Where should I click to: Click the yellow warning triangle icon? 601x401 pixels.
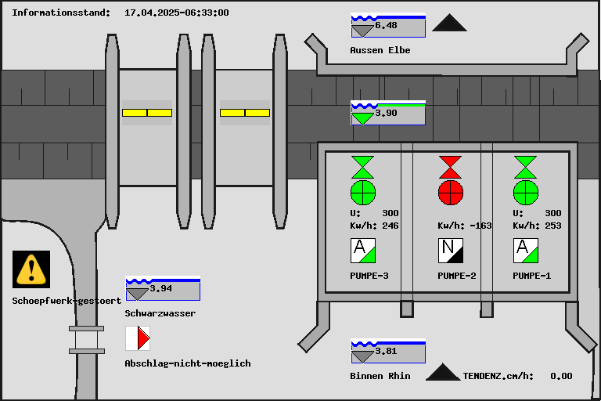(31, 269)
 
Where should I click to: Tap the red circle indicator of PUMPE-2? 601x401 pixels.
(450, 192)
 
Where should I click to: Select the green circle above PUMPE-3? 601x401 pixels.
(363, 192)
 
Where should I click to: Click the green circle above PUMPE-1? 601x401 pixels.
(526, 192)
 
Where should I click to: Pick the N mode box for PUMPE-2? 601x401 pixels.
(450, 251)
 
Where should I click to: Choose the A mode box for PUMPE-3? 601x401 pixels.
(363, 251)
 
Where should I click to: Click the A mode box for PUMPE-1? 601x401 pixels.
(526, 251)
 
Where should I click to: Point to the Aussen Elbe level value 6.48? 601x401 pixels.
(387, 26)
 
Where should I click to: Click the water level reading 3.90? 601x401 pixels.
(387, 113)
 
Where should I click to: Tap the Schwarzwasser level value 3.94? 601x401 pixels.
(160, 288)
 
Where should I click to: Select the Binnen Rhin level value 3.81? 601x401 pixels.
(387, 351)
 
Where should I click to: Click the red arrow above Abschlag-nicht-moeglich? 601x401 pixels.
(142, 338)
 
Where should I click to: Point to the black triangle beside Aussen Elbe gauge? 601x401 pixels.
(449, 23)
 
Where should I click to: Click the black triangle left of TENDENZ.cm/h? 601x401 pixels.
(443, 372)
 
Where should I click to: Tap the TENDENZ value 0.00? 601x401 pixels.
(561, 376)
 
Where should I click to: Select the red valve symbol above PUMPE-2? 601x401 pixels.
(450, 167)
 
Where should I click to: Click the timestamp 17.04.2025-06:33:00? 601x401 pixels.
(177, 13)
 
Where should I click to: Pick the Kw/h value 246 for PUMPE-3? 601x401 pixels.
(390, 226)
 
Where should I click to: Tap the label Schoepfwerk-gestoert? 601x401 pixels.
(67, 301)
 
